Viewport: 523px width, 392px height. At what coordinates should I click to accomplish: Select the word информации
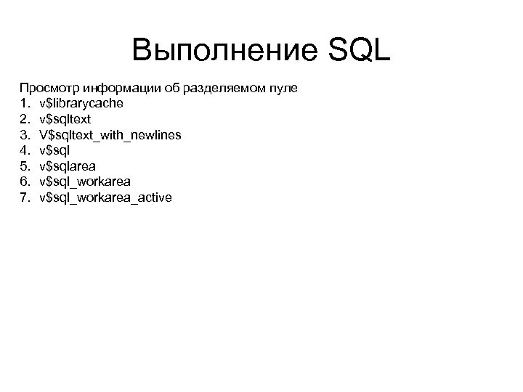(x=116, y=88)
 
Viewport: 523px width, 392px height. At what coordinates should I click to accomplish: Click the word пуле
(x=280, y=88)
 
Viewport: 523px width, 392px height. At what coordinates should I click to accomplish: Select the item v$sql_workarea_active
(x=106, y=197)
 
